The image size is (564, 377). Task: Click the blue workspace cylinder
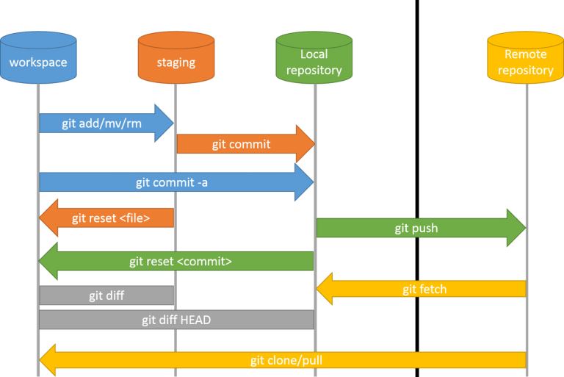coord(38,59)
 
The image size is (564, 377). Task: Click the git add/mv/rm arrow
coord(103,123)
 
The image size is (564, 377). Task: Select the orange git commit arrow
coord(242,144)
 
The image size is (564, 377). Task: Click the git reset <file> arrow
coord(110,218)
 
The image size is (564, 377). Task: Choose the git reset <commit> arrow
coord(180,261)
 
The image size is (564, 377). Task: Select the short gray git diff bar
coord(106,295)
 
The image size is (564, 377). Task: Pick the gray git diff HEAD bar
coord(176,320)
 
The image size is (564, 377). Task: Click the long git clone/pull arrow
coord(286,360)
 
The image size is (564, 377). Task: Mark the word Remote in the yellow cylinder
coord(526,54)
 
